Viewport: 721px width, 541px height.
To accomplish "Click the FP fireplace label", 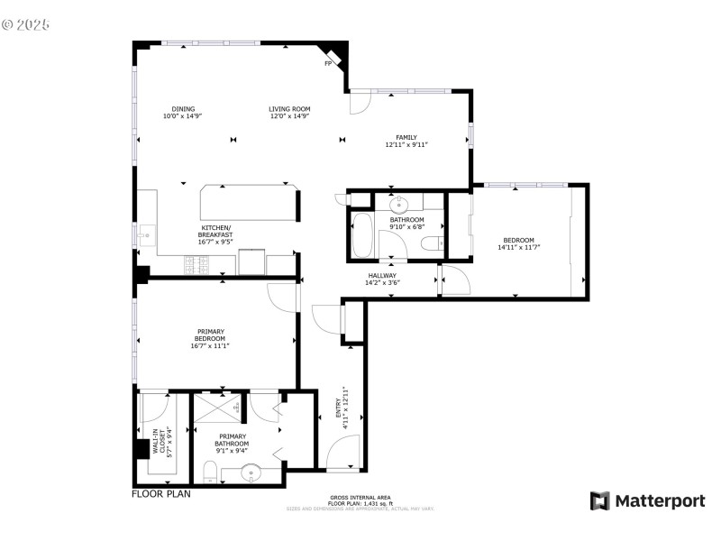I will pyautogui.click(x=327, y=64).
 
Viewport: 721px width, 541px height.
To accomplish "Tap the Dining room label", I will pyautogui.click(x=182, y=109).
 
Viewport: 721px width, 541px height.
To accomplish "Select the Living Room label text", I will pyautogui.click(x=289, y=109).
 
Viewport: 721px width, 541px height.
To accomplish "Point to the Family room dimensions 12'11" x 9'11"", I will pyautogui.click(x=406, y=144).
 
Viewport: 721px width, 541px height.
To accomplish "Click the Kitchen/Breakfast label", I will pyautogui.click(x=216, y=231).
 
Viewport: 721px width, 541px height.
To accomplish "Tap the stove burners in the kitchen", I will pyautogui.click(x=197, y=265).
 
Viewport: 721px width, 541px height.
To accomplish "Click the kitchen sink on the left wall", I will pyautogui.click(x=145, y=236).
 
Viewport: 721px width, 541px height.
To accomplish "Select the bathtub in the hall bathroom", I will pyautogui.click(x=363, y=236).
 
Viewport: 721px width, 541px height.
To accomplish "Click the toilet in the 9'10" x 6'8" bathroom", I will pyautogui.click(x=434, y=242).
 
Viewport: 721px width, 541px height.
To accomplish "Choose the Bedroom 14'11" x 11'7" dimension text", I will pyautogui.click(x=518, y=247).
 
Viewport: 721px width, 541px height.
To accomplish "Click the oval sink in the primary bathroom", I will pyautogui.click(x=250, y=472).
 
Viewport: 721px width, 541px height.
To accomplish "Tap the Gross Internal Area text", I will pyautogui.click(x=360, y=498).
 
